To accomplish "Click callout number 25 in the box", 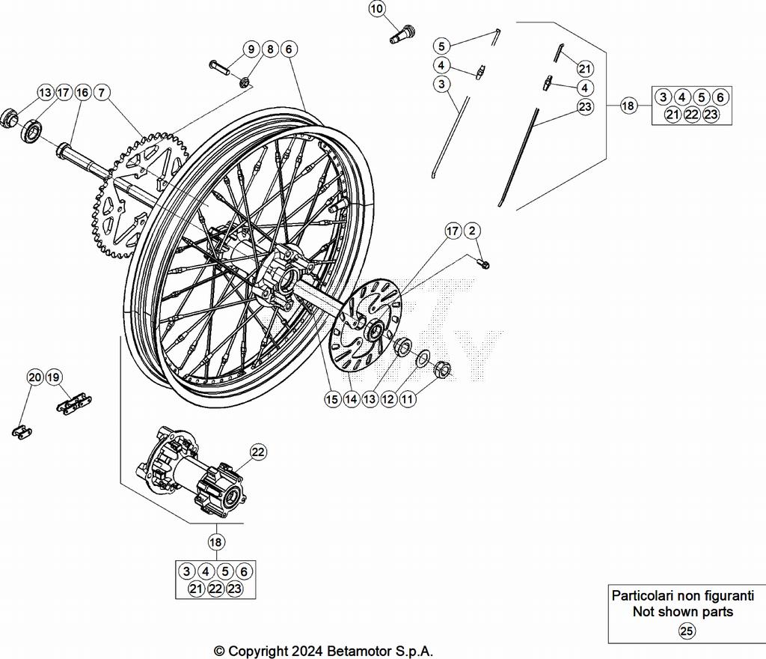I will (686, 631).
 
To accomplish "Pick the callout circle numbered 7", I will (102, 93).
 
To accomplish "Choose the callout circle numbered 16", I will (82, 93).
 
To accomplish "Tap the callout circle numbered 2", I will (473, 231).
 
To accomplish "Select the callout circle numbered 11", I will (408, 400).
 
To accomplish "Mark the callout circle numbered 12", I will (388, 400).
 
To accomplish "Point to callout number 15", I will (332, 400).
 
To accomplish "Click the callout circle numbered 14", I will (351, 400).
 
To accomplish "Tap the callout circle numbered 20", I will (35, 377).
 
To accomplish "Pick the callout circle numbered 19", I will (54, 377).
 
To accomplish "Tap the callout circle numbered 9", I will (251, 49).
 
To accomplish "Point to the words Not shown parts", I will (682, 612).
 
